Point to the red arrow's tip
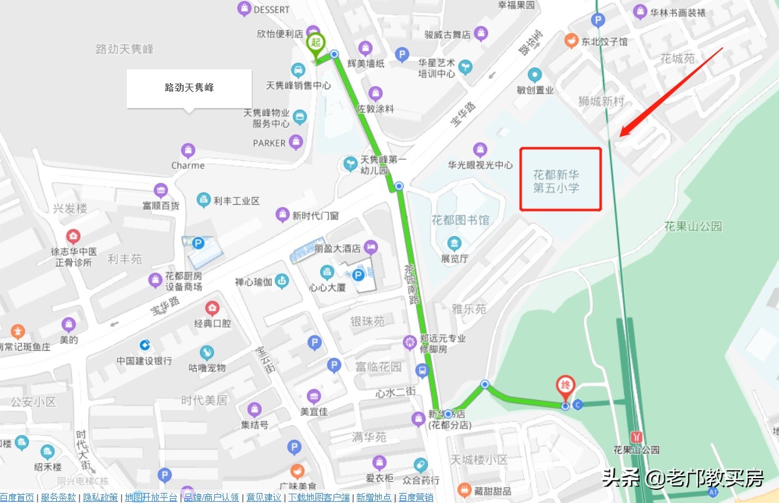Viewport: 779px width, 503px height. click(x=620, y=135)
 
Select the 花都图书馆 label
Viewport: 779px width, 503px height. click(x=460, y=220)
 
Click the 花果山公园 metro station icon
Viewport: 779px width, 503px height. click(x=637, y=436)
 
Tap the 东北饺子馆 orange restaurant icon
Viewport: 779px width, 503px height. click(x=570, y=41)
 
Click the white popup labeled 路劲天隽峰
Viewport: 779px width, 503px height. click(x=189, y=88)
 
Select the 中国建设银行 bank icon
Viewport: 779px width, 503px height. click(x=144, y=344)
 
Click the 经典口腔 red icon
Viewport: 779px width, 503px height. click(x=212, y=308)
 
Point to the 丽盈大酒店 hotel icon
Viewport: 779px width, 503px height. click(x=371, y=247)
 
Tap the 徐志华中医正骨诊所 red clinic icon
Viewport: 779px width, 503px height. click(x=74, y=237)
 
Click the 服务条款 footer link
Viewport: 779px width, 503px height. click(x=58, y=497)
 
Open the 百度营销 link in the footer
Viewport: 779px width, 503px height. click(x=415, y=497)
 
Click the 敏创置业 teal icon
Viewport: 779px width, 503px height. click(x=535, y=76)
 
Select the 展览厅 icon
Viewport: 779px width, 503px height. click(x=454, y=243)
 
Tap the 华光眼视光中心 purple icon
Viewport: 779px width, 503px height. click(x=480, y=150)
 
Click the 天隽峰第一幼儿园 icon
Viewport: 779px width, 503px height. click(x=350, y=164)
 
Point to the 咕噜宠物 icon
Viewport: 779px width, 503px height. click(x=207, y=353)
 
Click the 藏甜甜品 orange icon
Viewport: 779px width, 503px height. click(x=464, y=490)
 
